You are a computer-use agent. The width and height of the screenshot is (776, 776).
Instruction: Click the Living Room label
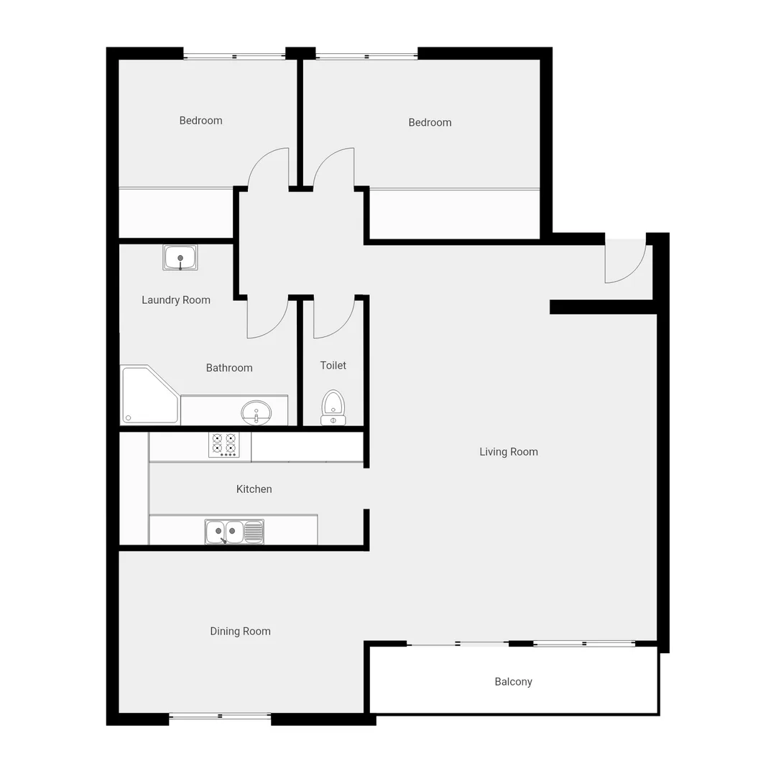click(509, 452)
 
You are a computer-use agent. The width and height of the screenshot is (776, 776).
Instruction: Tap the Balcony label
click(513, 682)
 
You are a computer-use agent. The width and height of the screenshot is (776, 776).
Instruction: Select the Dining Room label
click(240, 632)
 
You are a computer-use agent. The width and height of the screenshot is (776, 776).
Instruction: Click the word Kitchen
click(254, 489)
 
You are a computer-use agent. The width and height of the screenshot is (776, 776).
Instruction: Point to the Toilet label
click(333, 366)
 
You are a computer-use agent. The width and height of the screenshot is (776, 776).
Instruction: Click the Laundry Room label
click(176, 300)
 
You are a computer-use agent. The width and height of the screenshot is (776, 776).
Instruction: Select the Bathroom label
click(229, 368)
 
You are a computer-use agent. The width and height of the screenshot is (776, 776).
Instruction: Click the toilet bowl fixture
click(333, 406)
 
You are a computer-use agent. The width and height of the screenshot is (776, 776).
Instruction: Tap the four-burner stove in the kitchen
click(223, 445)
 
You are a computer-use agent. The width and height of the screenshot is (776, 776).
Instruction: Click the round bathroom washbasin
click(256, 412)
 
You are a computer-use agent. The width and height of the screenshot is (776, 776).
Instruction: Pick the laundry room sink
click(180, 257)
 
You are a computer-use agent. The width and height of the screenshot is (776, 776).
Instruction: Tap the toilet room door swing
click(333, 318)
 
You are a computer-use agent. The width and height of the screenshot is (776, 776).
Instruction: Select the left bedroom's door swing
click(270, 169)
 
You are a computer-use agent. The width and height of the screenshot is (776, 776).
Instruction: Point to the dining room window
click(220, 716)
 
